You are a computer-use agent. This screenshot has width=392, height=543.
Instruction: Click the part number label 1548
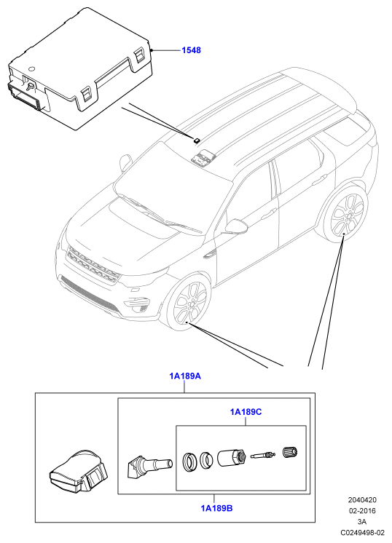pyautogui.click(x=192, y=50)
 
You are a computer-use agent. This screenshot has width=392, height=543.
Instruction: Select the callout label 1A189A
pyautogui.click(x=185, y=376)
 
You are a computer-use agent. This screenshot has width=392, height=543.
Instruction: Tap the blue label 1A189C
pyautogui.click(x=246, y=412)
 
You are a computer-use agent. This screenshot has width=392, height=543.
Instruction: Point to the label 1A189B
pyautogui.click(x=216, y=508)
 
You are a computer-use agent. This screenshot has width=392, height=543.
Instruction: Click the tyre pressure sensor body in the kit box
pyautogui.click(x=79, y=472)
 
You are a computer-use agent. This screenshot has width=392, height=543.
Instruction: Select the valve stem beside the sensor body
pyautogui.click(x=149, y=464)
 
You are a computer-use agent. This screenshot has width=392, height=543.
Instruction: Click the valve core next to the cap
pyautogui.click(x=264, y=455)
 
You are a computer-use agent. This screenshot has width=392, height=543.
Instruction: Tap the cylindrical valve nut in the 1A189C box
pyautogui.click(x=232, y=457)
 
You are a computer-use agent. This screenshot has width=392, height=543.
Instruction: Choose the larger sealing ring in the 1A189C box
pyautogui.click(x=189, y=462)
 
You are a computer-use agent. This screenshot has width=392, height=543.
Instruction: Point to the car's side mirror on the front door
pyautogui.click(x=236, y=226)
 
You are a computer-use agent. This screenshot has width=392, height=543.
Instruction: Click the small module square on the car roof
pyautogui.click(x=197, y=140)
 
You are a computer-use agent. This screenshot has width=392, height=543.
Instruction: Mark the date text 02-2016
pyautogui.click(x=362, y=510)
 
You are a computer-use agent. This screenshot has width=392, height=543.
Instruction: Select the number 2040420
pyautogui.click(x=362, y=500)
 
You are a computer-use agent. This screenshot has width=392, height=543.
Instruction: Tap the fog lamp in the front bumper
pyautogui.click(x=141, y=307)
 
